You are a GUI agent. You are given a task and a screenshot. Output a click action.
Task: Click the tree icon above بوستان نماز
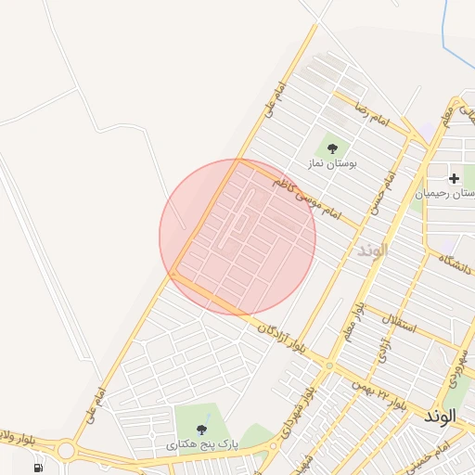[332, 148]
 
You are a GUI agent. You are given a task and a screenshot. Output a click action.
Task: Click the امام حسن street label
[382, 191]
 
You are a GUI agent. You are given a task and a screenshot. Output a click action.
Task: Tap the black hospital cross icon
[454, 178]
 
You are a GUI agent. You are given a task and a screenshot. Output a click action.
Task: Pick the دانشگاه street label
[454, 262]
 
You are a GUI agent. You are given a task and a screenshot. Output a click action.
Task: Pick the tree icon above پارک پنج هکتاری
[202, 430]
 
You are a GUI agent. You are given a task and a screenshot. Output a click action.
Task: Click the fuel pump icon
[38, 468]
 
